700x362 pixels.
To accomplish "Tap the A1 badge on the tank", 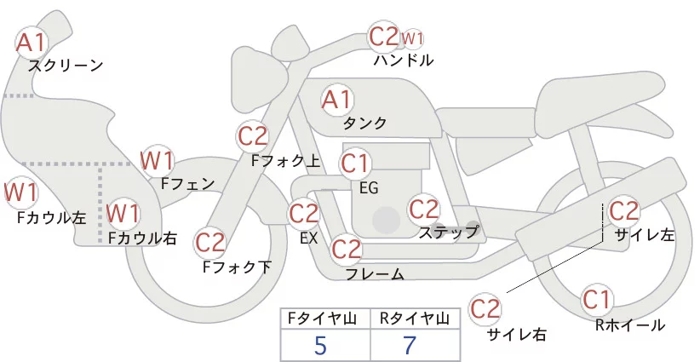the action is tap(336, 99).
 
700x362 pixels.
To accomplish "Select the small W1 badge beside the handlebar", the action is tap(412, 38).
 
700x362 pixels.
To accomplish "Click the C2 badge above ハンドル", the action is tap(383, 37).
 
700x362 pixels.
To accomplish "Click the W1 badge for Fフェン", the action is tap(157, 159).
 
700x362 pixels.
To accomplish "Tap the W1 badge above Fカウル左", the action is tap(20, 192).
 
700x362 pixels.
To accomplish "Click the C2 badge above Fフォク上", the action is tap(253, 135).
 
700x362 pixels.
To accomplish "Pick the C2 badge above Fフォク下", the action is tap(209, 242).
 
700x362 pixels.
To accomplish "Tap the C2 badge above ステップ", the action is tap(423, 208).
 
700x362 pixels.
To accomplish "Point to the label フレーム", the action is tap(375, 274).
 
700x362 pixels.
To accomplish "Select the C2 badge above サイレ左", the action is tap(623, 209).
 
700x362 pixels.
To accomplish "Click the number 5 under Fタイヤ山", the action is tap(320, 346).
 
